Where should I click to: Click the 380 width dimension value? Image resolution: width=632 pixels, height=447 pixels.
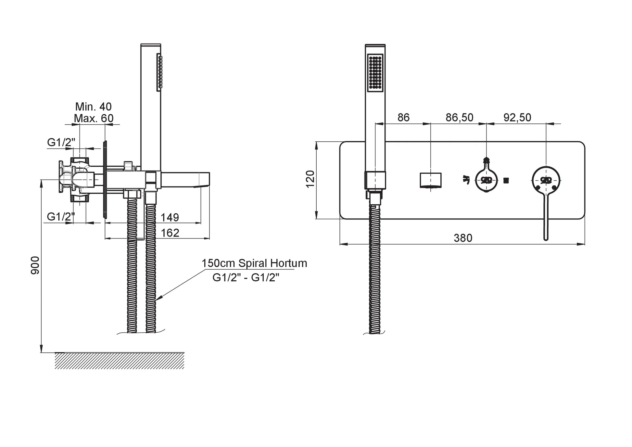[463, 238]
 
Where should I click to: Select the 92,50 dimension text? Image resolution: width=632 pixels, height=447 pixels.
[517, 118]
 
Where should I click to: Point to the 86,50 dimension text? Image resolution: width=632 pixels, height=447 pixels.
[459, 118]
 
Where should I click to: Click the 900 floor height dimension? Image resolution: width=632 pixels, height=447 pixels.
[35, 265]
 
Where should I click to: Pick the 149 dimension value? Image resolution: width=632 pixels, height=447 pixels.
[170, 217]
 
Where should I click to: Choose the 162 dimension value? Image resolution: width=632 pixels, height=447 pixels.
[170, 233]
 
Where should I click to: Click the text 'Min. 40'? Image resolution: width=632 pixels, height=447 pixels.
[93, 107]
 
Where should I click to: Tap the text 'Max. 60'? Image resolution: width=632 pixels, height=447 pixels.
[94, 118]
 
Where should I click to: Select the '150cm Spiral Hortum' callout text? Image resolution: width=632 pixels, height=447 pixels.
[254, 263]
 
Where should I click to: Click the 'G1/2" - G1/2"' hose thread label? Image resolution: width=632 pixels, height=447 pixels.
[246, 277]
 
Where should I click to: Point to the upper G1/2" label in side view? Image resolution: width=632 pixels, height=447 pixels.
[61, 142]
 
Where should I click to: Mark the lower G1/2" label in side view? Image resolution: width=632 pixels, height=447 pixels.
[61, 216]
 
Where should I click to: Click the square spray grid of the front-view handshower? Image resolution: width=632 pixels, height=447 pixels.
[375, 72]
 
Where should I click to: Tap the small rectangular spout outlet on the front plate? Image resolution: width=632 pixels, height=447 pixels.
[430, 180]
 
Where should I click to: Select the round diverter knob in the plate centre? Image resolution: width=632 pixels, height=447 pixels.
[486, 180]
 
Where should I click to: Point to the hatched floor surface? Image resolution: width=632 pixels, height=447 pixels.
[119, 361]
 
